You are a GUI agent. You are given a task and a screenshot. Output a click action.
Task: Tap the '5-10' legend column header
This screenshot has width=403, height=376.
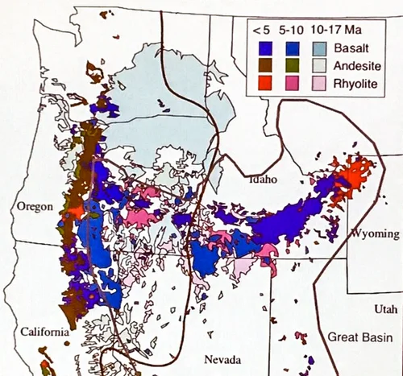pyautogui.click(x=291, y=30)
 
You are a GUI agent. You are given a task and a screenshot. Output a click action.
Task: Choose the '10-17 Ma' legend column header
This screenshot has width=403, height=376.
pyautogui.click(x=330, y=30)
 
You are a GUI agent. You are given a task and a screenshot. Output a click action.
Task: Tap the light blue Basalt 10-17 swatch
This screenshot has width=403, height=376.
pyautogui.click(x=321, y=47)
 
